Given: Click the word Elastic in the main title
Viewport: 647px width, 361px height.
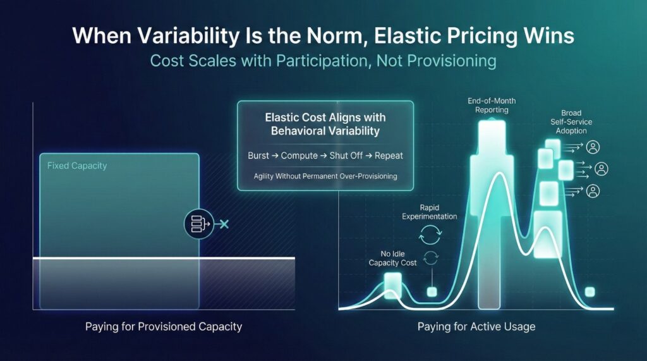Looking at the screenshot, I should point(401,35).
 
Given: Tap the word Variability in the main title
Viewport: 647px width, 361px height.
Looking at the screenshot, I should point(186,35).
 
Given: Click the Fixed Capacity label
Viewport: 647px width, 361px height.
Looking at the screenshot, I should point(77,166).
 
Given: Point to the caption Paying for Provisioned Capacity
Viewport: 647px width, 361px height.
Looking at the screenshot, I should point(164,327).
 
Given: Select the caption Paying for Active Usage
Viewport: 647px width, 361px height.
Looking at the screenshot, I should point(476,327).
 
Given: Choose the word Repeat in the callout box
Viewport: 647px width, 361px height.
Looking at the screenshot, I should point(390,156).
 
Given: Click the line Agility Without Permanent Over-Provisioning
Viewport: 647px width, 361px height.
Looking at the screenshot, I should point(325,176).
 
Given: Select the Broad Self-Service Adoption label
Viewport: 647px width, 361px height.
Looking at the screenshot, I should point(571,122).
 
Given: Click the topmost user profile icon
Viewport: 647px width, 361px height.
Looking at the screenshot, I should point(593,147).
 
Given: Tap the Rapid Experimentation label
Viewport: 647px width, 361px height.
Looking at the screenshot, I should point(430,212).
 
